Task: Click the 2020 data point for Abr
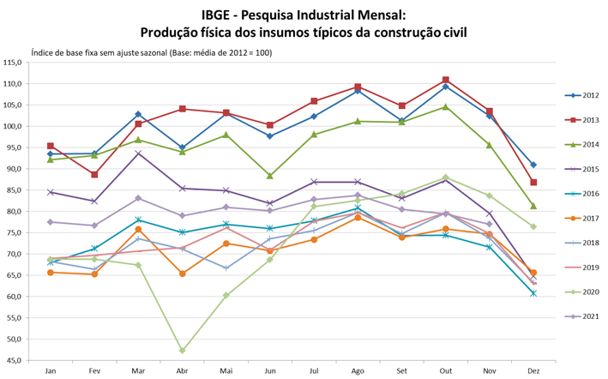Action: (183, 351)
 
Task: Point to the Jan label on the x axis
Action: (51, 370)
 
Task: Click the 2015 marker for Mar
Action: (138, 153)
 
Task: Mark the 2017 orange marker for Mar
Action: (138, 230)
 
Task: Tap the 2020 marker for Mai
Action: (226, 295)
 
